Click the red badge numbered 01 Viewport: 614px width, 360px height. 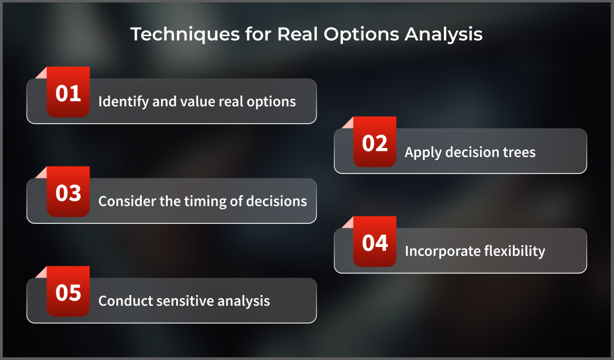68,93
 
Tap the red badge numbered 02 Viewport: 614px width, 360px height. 375,142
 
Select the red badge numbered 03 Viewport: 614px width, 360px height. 68,192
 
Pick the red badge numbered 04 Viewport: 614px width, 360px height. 375,242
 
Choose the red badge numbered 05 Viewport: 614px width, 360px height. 68,292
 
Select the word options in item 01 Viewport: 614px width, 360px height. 271,102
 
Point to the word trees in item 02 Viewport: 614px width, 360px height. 519,152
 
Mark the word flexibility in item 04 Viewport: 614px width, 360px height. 515,251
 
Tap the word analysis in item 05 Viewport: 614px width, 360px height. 245,301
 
